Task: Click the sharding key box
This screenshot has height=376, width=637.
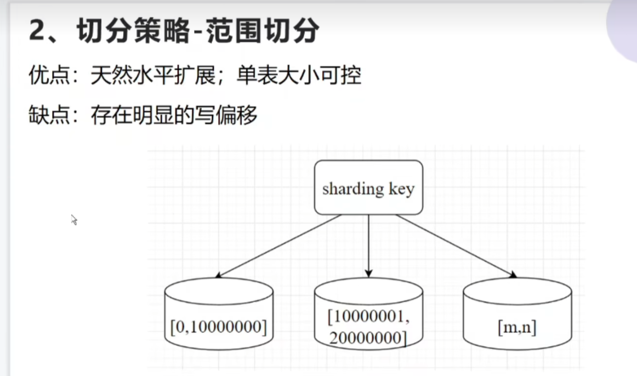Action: (368, 187)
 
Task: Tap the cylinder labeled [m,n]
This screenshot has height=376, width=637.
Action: (516, 318)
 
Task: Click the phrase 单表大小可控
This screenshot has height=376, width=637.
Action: (299, 76)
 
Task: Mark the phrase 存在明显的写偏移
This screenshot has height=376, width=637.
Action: (174, 115)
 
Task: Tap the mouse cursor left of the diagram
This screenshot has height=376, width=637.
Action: (74, 220)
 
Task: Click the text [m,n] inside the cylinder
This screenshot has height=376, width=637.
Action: (517, 328)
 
